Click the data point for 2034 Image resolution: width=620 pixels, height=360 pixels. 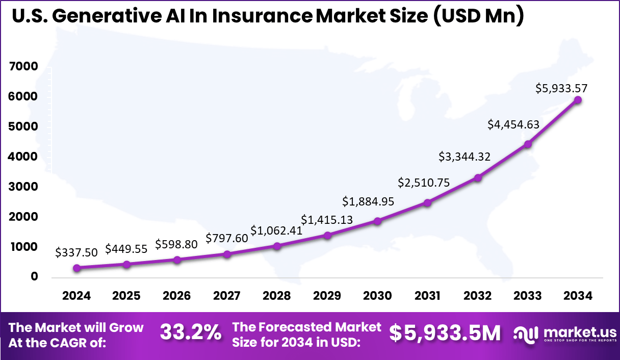pyautogui.click(x=578, y=100)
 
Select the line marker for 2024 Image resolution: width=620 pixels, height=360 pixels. pyautogui.click(x=76, y=268)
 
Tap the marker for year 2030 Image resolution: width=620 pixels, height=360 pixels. pyautogui.click(x=377, y=221)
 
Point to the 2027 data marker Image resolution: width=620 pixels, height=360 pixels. pyautogui.click(x=227, y=254)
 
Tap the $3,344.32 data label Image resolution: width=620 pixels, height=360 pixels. pyautogui.click(x=464, y=157)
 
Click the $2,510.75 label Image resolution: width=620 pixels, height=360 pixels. pyautogui.click(x=424, y=183)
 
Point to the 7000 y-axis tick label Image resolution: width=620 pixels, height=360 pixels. pyautogui.click(x=23, y=67)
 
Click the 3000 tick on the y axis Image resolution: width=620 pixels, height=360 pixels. pyautogui.click(x=23, y=187)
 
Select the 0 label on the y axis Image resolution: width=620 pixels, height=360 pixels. pyautogui.click(x=34, y=277)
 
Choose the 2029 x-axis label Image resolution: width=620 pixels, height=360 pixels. pyautogui.click(x=327, y=296)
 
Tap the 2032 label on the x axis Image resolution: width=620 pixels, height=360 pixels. pyautogui.click(x=478, y=296)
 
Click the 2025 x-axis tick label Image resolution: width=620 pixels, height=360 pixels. pyautogui.click(x=126, y=296)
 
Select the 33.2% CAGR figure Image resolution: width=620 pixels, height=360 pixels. pyautogui.click(x=191, y=333)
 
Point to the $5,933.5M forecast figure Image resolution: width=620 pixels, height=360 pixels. pyautogui.click(x=445, y=333)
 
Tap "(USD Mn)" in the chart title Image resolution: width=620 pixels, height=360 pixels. pyautogui.click(x=478, y=16)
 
